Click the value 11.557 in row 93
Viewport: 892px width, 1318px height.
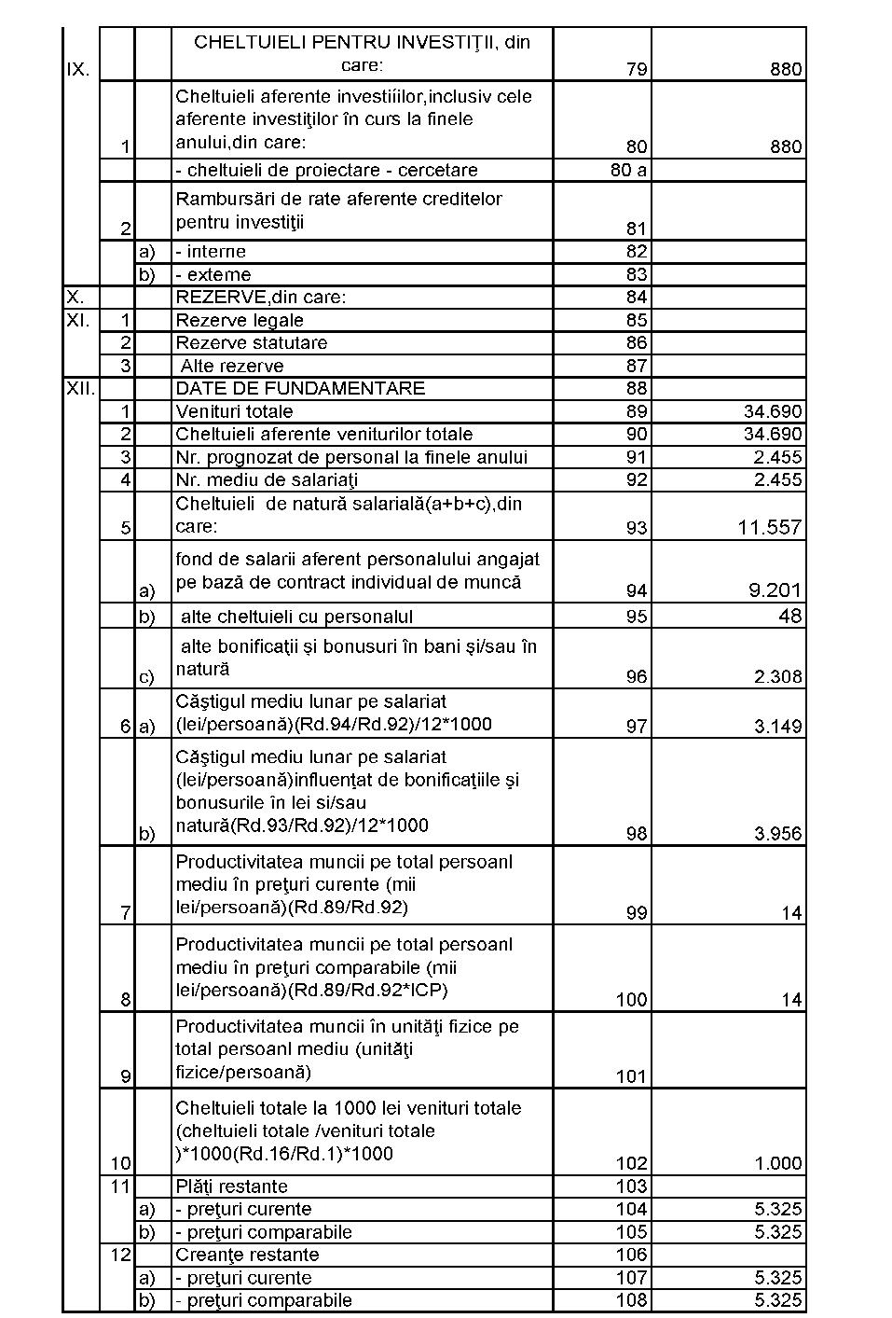(769, 528)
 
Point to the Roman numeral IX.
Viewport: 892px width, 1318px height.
(78, 70)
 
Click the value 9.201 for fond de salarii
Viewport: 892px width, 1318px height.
(775, 590)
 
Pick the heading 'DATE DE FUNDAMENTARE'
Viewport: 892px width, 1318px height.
(300, 389)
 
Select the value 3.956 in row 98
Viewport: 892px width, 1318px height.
(777, 834)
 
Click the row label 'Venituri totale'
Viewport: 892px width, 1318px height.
(234, 411)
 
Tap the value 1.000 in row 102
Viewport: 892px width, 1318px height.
(777, 1163)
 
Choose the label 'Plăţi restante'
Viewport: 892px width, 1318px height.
(231, 1186)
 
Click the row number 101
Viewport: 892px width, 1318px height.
(631, 1076)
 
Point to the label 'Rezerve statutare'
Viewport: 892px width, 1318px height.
(252, 343)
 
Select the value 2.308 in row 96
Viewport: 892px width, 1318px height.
(777, 677)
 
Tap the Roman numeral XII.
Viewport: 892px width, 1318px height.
(80, 389)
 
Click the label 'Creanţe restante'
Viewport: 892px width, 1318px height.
(247, 1255)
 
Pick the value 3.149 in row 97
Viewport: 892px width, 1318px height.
(777, 726)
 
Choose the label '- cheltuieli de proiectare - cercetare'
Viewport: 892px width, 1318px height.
(326, 171)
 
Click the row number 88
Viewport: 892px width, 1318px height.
(637, 389)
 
